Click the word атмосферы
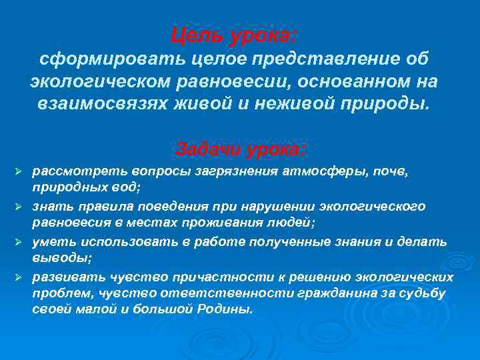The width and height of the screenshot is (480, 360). pos(293,171)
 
